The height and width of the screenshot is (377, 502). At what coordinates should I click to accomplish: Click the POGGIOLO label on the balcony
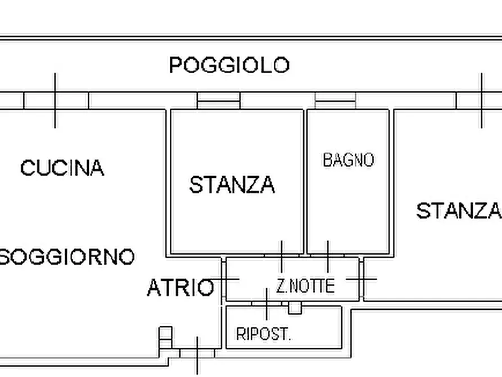(229, 65)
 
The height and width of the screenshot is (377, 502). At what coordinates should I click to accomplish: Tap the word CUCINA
(62, 168)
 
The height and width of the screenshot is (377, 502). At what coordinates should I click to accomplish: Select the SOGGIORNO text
(67, 257)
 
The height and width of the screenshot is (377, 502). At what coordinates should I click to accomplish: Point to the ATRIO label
(180, 288)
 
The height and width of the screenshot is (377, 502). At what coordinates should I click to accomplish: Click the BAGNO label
(348, 160)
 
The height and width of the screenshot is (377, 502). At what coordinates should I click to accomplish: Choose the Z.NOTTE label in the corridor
(305, 286)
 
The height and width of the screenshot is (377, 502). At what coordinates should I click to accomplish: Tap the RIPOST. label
(263, 334)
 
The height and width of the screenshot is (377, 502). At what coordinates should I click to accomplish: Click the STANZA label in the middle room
(232, 185)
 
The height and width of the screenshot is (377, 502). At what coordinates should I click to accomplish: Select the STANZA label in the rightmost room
(458, 211)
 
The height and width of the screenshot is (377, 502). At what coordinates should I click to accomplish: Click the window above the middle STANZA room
(218, 100)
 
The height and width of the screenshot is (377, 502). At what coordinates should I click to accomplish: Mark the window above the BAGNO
(335, 100)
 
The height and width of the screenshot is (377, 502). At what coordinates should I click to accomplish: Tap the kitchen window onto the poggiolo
(55, 100)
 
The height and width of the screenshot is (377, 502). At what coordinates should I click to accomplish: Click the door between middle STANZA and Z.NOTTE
(281, 256)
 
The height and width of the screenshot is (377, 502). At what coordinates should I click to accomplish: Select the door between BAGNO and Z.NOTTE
(328, 256)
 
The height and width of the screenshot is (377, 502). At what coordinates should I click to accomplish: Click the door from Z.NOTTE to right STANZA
(361, 279)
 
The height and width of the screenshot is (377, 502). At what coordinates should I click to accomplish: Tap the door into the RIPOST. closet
(266, 304)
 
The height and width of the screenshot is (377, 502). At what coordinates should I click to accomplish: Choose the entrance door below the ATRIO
(197, 353)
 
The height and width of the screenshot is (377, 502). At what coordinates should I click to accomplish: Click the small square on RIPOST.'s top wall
(295, 308)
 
